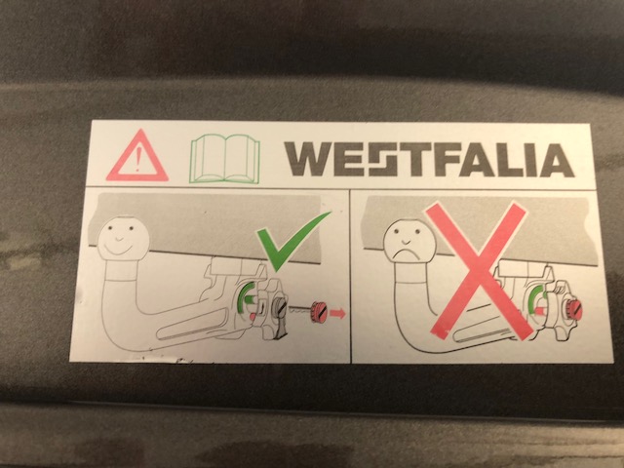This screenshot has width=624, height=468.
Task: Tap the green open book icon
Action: (x=225, y=158)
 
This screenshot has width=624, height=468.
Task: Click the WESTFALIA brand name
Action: (x=429, y=159)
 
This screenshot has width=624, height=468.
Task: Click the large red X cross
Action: (x=478, y=271)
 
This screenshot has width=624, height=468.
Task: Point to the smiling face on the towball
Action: (x=124, y=239)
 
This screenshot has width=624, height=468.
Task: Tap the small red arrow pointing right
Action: (x=337, y=314)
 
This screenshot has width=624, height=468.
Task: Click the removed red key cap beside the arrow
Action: (x=319, y=312)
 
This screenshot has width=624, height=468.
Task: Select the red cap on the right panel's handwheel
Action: (x=574, y=310)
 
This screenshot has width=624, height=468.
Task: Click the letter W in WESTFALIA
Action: (x=308, y=159)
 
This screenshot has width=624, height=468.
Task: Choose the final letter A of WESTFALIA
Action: (x=557, y=160)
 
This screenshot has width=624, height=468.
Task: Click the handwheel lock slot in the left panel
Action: (x=280, y=305)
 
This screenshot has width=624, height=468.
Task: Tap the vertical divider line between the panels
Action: (x=351, y=275)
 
